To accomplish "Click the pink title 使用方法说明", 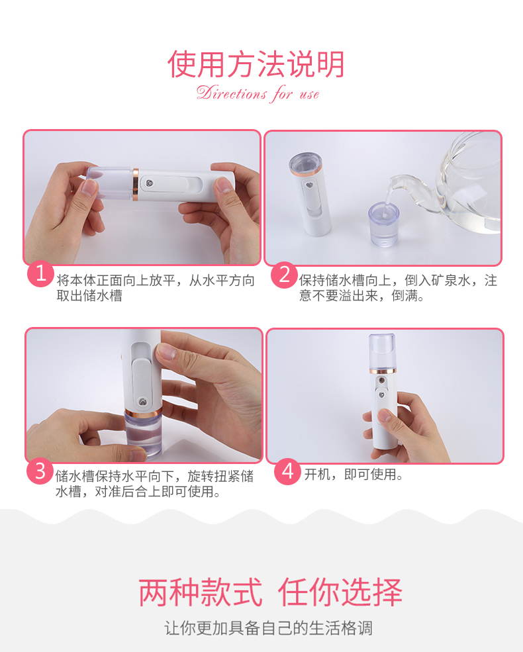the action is (256, 64).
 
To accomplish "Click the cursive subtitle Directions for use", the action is (258, 93).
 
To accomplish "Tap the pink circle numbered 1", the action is (40, 273).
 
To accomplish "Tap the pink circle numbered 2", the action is (285, 275).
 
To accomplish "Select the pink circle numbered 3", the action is (40, 471).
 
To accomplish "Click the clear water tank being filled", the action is (384, 224).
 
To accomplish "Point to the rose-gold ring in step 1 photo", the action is (136, 184).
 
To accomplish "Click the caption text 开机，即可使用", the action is (354, 474).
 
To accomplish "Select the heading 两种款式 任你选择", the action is (270, 592).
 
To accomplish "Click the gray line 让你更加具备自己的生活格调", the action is (269, 628).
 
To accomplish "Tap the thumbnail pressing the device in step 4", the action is (384, 415).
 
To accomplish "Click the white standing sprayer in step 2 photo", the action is (310, 194).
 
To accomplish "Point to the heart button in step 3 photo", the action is (142, 402).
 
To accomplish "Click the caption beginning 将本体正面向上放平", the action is (156, 288).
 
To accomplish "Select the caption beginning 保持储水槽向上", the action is (398, 288).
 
